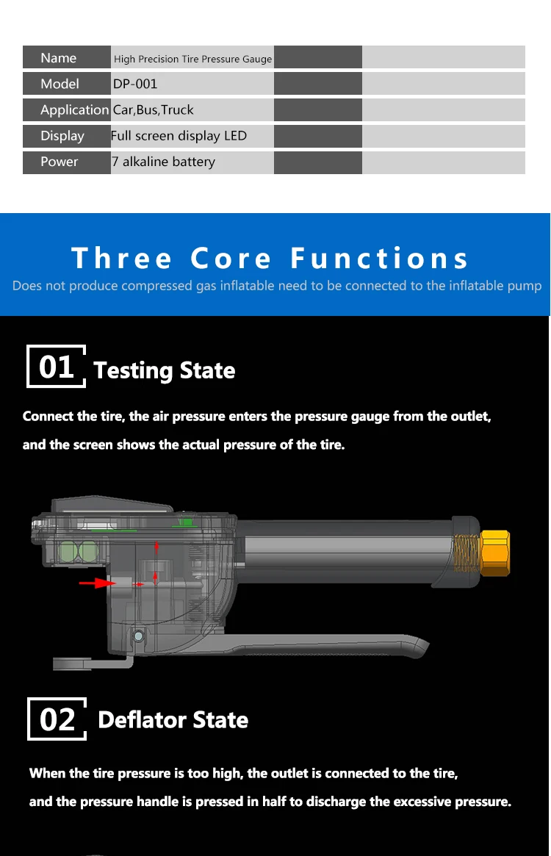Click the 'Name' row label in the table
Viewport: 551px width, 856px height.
tap(59, 58)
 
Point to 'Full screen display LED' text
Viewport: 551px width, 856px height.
tap(179, 136)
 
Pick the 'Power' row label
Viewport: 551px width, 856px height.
tap(59, 162)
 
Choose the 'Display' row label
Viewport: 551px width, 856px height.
tap(62, 136)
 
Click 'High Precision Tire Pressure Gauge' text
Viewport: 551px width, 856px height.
tap(192, 59)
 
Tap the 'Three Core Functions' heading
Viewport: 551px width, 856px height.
tap(270, 258)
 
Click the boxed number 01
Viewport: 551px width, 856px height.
tap(57, 367)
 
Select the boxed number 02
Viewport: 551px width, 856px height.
tap(57, 719)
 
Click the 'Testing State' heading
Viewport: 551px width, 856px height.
tap(165, 370)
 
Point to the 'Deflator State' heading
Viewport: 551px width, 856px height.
tap(173, 720)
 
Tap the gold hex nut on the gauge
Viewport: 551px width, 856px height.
tap(495, 553)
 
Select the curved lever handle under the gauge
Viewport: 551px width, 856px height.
tap(284, 646)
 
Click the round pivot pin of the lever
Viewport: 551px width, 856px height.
tap(139, 636)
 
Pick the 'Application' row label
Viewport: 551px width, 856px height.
tap(75, 110)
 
